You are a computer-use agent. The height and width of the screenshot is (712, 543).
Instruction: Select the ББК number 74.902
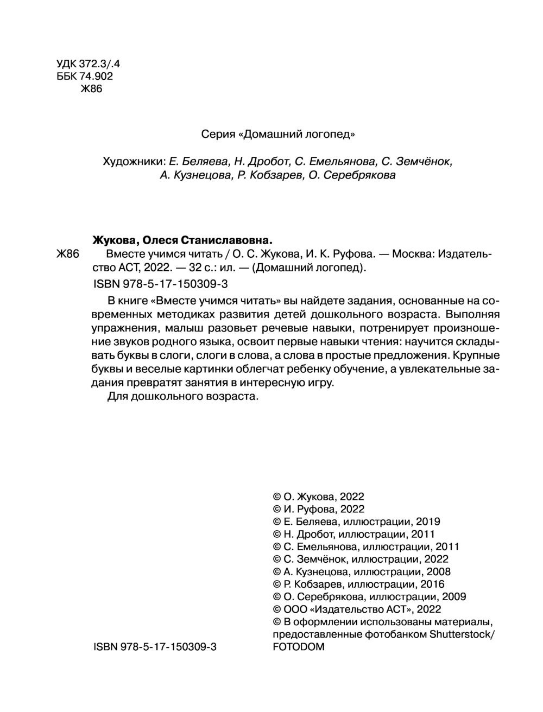97,77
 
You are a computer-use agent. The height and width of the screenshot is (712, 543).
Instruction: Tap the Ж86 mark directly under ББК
91,90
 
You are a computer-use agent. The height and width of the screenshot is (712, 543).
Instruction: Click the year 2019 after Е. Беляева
428,522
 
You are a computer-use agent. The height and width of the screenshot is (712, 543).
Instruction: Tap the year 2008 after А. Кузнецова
438,571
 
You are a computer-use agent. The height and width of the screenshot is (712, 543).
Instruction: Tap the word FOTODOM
298,647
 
